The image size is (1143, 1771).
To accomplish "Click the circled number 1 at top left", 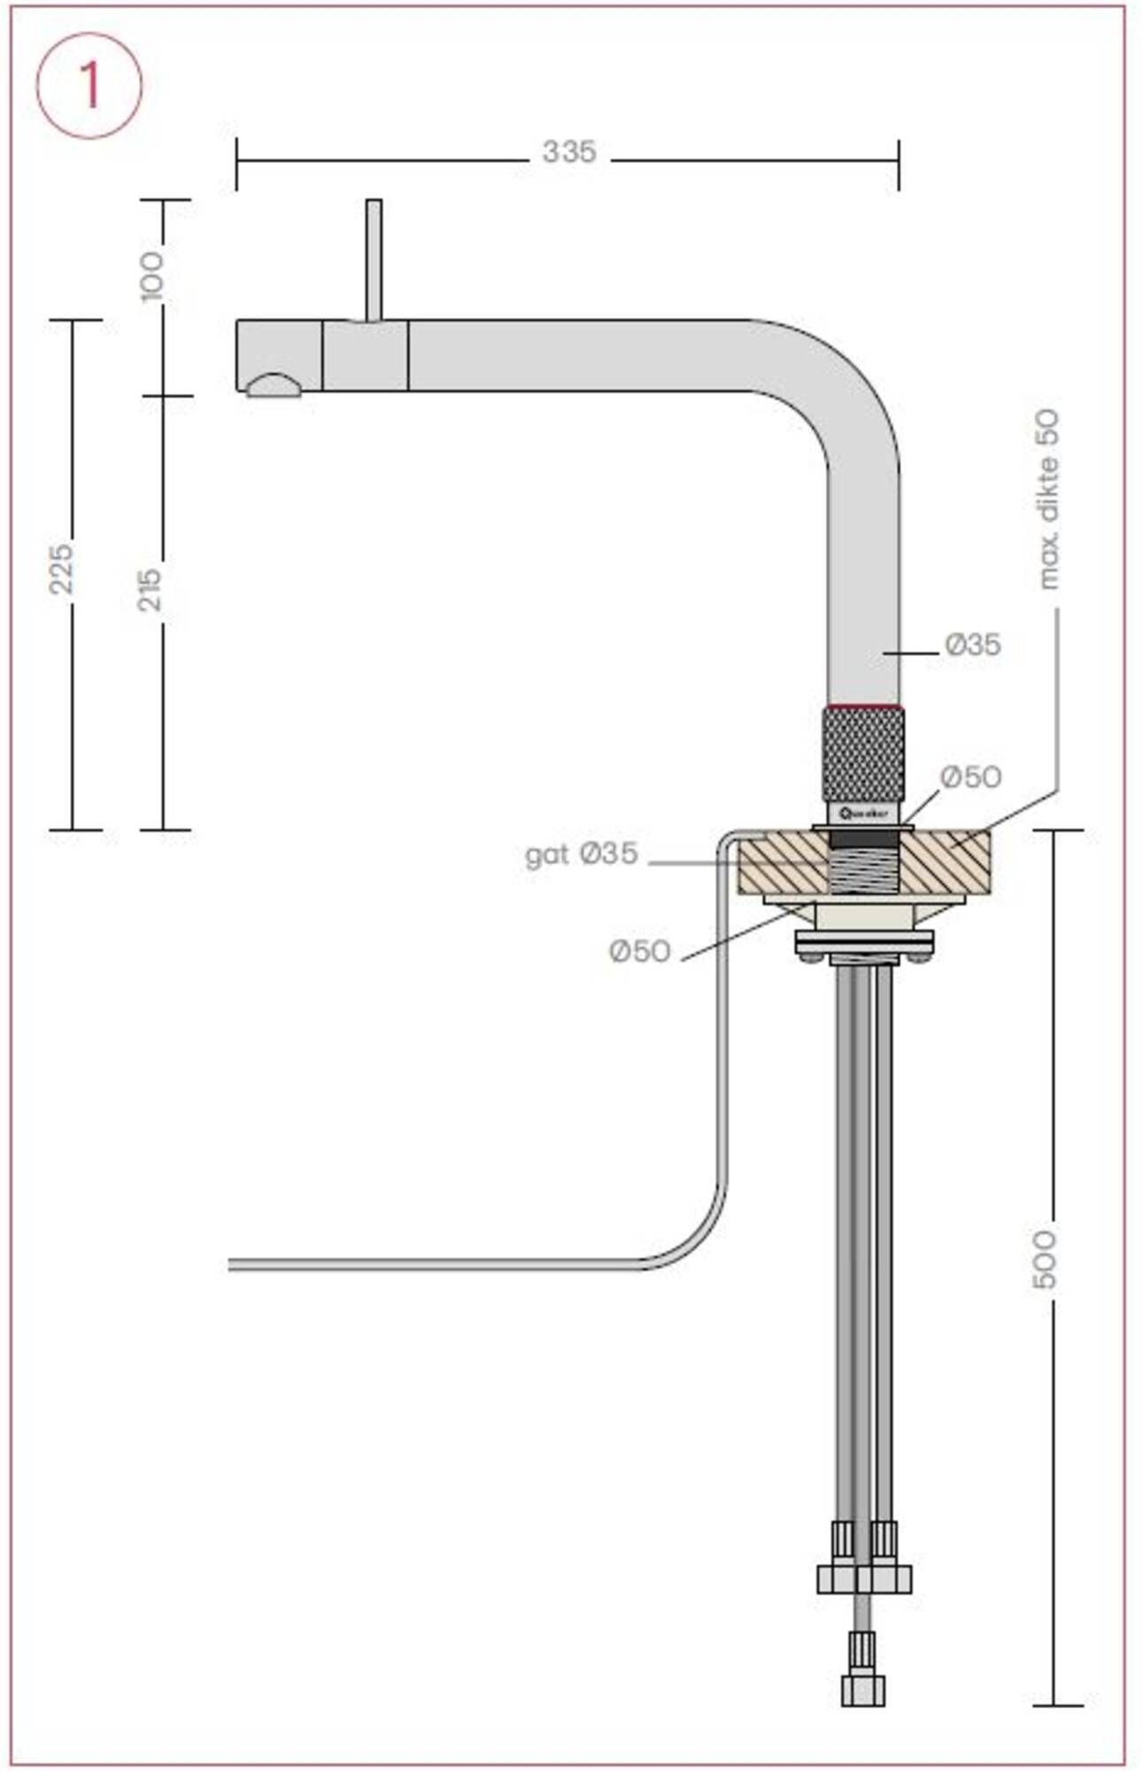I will (x=89, y=86).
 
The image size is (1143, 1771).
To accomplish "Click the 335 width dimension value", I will (x=568, y=152).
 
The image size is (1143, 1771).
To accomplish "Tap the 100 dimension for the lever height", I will (x=152, y=275).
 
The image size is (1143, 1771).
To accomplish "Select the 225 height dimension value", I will (x=61, y=568).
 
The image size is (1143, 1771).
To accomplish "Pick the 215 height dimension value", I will (x=151, y=589).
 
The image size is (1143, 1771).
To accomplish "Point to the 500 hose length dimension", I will (x=1045, y=1258).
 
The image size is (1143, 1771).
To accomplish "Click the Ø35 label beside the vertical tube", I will (x=972, y=645).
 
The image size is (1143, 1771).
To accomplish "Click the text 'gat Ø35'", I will (x=581, y=855).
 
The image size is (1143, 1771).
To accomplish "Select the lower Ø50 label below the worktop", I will (x=639, y=952).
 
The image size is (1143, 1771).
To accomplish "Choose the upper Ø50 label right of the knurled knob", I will (x=970, y=777).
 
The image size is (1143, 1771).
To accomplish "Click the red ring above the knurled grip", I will (x=863, y=708).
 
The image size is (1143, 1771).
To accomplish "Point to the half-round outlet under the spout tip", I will (x=274, y=386).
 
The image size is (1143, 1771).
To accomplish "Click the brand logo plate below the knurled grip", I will (x=863, y=812).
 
